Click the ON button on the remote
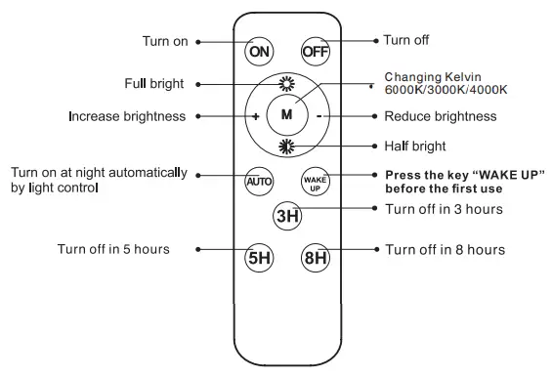[259, 50]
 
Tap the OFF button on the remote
[315, 50]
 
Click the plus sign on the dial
[255, 115]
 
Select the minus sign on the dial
[318, 115]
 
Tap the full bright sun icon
[286, 83]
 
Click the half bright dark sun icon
[286, 147]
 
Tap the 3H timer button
[286, 216]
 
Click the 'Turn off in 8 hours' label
[445, 250]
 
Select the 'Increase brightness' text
[127, 116]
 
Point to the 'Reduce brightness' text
[441, 116]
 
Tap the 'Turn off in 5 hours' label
[112, 249]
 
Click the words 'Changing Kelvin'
[435, 76]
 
